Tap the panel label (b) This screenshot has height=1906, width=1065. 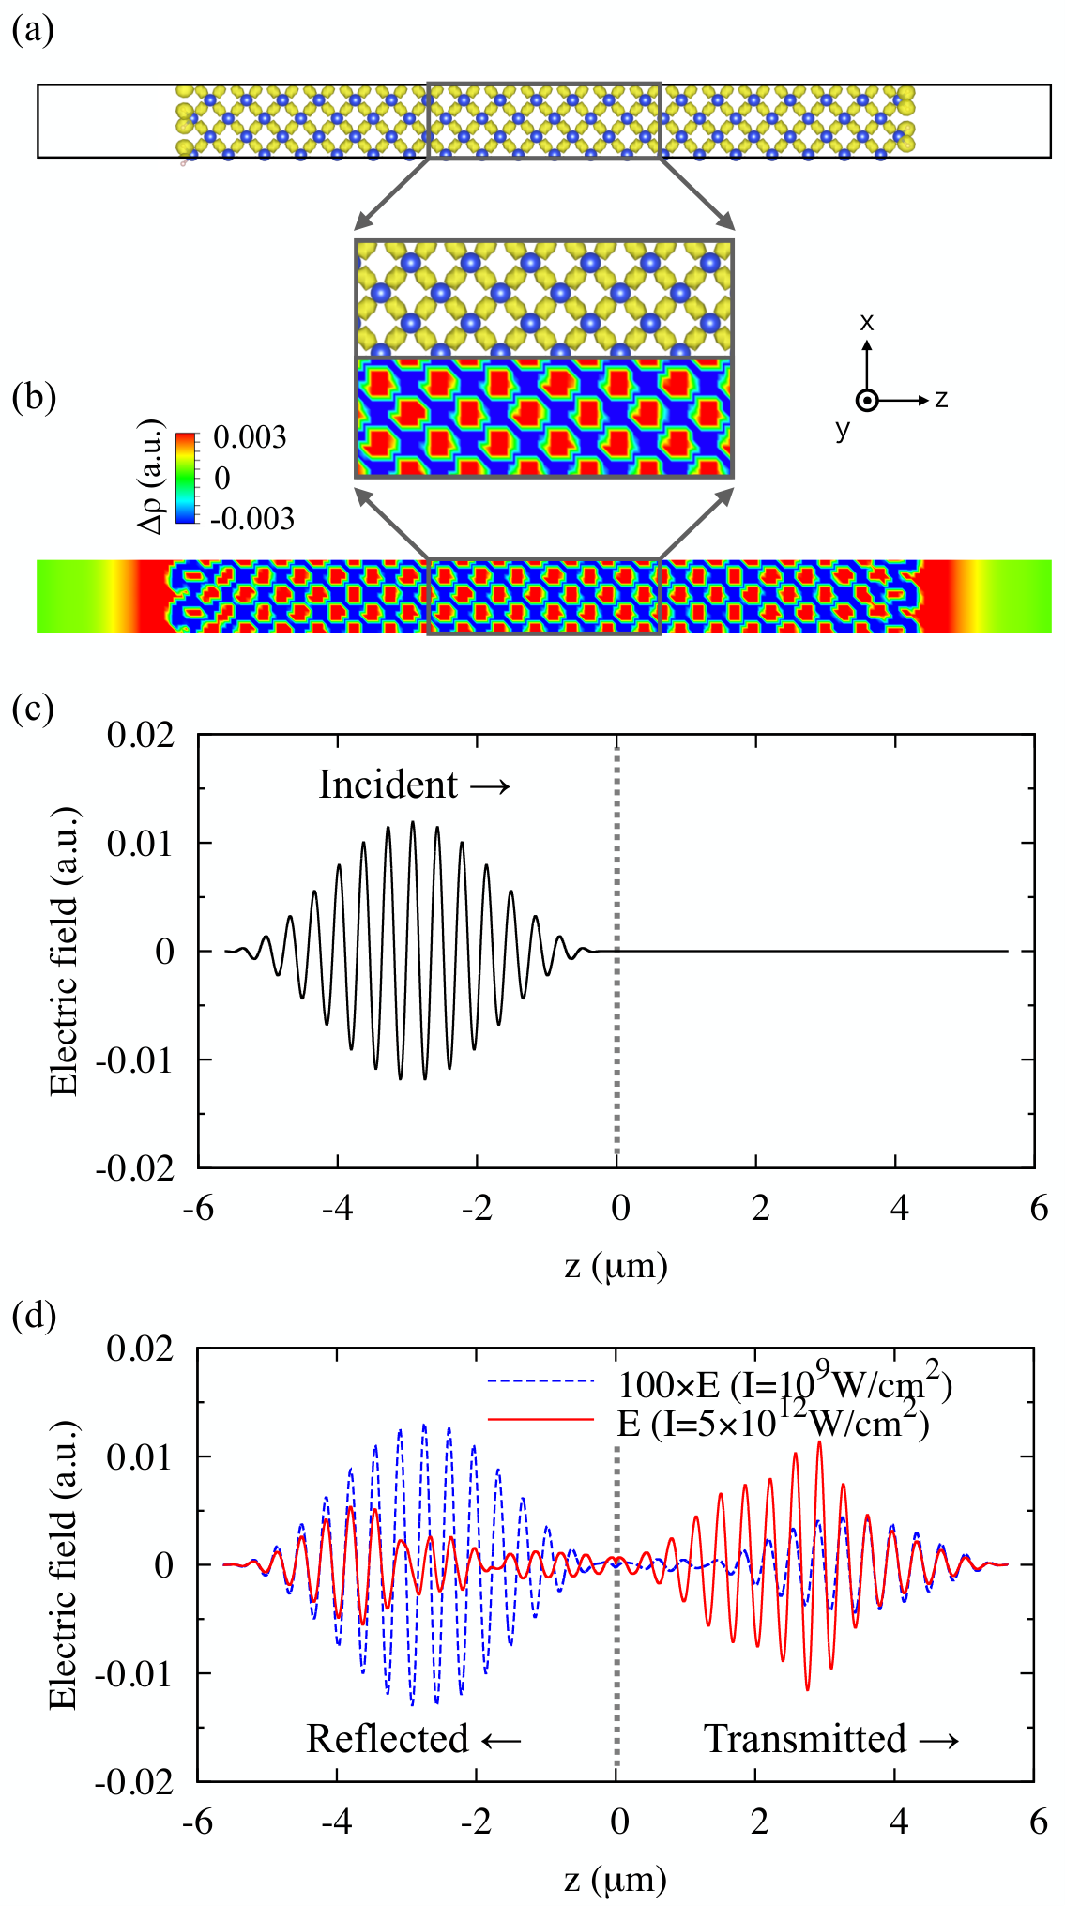click(x=34, y=397)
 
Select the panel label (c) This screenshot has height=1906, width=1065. click(x=33, y=708)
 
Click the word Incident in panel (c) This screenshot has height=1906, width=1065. click(x=388, y=785)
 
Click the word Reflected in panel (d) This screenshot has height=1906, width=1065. click(x=388, y=1738)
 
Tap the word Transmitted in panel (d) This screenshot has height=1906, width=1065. click(x=805, y=1738)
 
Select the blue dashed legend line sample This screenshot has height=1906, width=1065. click(x=541, y=1380)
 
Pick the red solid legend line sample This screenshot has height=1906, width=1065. click(x=541, y=1420)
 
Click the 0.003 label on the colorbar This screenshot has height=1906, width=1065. click(x=250, y=437)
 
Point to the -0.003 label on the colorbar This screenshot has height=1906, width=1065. click(x=251, y=518)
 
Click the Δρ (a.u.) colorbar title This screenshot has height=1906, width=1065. click(x=151, y=476)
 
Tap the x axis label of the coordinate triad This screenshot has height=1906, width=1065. click(x=866, y=322)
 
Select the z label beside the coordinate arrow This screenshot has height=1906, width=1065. click(x=941, y=400)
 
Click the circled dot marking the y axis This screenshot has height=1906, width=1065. click(x=868, y=401)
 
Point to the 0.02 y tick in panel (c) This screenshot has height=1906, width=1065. click(x=141, y=734)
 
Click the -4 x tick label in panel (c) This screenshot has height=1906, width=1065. click(x=337, y=1208)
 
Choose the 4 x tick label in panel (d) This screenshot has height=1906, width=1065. click(x=899, y=1822)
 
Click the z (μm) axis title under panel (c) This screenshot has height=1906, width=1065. click(x=616, y=1266)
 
